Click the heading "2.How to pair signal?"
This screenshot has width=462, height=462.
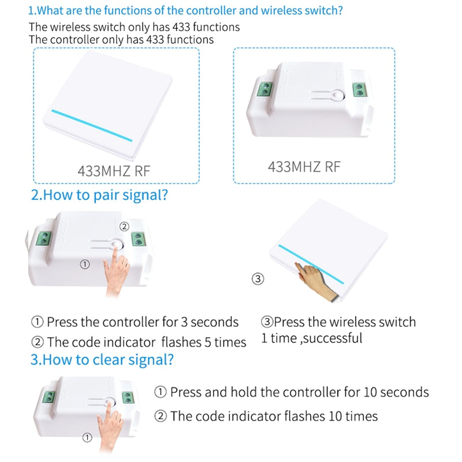(x=99, y=195)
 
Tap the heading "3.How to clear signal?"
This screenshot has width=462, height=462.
(x=102, y=360)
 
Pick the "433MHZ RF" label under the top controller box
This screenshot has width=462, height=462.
(x=304, y=167)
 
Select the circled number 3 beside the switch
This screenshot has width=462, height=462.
(x=258, y=279)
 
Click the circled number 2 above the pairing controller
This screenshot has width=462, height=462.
(x=124, y=227)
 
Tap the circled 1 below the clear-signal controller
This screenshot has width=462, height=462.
(x=87, y=438)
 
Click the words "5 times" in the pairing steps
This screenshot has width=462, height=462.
(x=225, y=342)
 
